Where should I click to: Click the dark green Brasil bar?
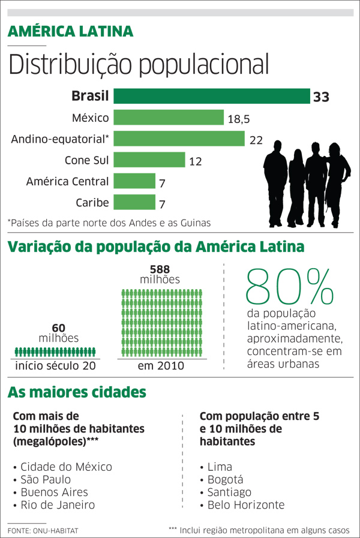pos(211,96)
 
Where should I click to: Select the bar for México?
pos(168,118)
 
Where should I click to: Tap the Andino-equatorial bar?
pos(179,139)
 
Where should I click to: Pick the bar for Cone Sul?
pos(149,160)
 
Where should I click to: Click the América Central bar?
pos(134,181)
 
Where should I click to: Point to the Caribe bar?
pos(134,202)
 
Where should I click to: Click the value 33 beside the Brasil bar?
pos(321,97)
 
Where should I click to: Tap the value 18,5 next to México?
pos(238,119)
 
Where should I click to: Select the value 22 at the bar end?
pos(256,140)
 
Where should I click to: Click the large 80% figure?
pos(289,287)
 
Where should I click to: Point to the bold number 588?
pos(151,269)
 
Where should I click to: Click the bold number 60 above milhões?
pos(58,327)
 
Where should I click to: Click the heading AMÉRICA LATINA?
pos(70,32)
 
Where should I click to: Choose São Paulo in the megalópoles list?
pos(45,479)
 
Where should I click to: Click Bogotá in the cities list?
pos(225,479)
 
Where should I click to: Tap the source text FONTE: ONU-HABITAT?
pos(43,531)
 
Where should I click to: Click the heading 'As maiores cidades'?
pos(77,393)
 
